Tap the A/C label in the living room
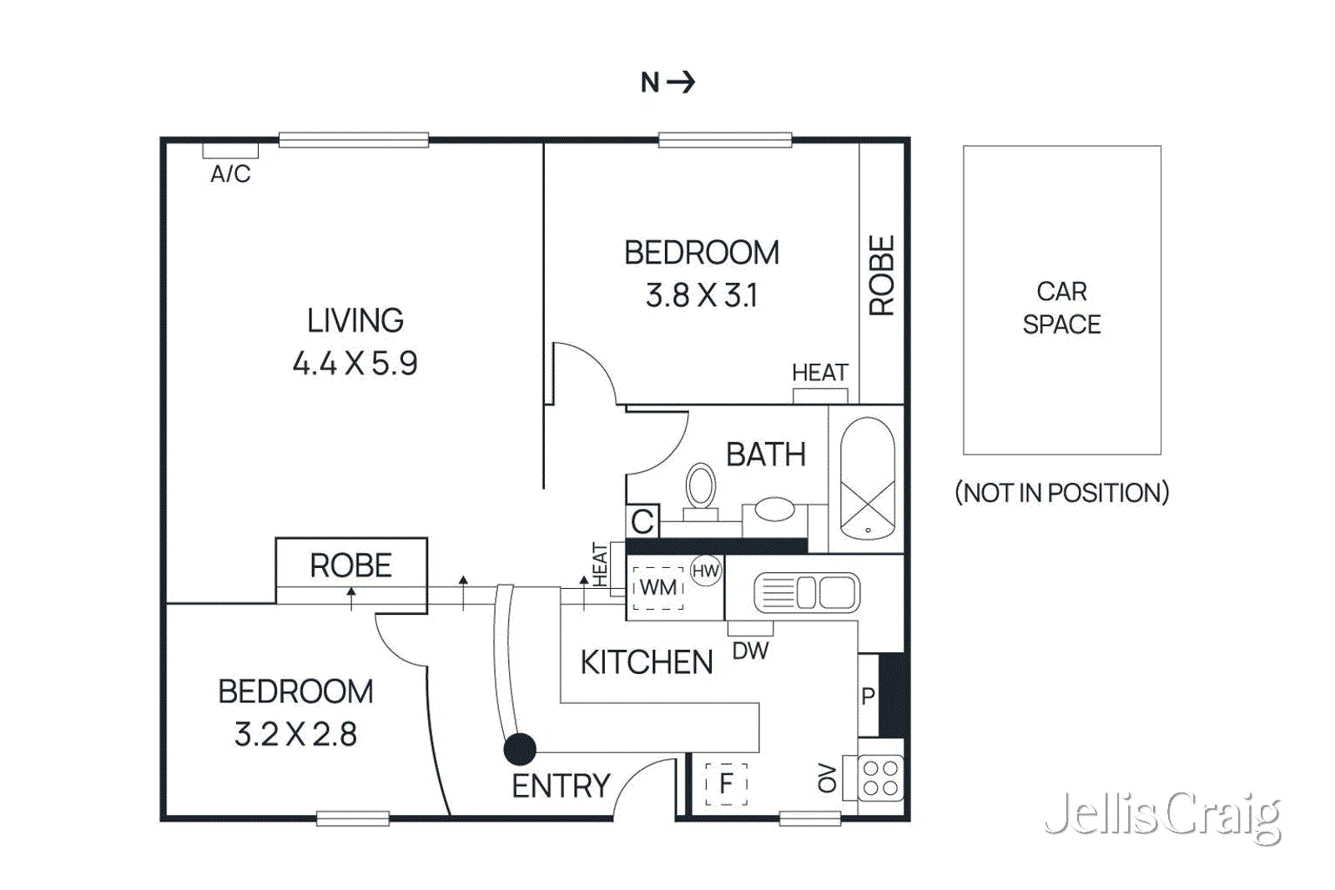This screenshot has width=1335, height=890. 230,173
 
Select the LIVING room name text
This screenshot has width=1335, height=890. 355,321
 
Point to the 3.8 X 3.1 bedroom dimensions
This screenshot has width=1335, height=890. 702,295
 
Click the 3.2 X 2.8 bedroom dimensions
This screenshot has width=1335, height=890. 295,735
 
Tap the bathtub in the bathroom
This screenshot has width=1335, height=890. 867,479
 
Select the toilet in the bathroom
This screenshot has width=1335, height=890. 701,488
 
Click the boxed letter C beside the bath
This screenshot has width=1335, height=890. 642,521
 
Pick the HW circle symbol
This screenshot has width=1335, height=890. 706,571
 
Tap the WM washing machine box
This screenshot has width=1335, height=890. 658,588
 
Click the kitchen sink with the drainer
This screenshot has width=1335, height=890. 806,593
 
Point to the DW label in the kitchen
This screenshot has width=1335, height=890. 750,651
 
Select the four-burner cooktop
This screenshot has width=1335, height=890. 880,777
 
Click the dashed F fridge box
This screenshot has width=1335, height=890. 726,783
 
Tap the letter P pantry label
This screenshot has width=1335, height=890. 868,696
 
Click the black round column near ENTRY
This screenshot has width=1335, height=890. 520,749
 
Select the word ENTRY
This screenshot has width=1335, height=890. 561,786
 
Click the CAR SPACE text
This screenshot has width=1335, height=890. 1061,308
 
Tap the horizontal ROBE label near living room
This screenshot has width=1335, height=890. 350,566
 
